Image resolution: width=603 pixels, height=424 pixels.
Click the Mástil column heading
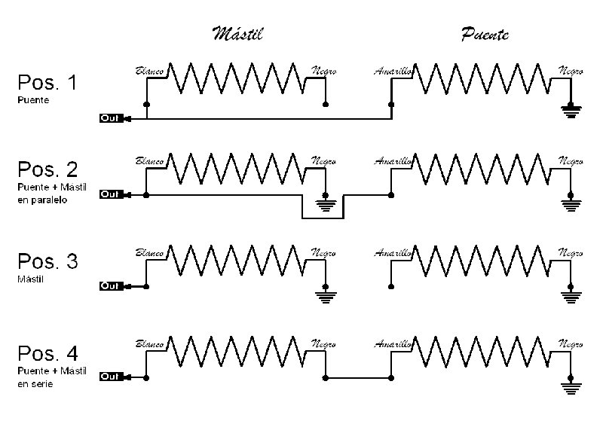click(x=238, y=35)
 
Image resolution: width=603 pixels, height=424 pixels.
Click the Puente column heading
click(x=484, y=35)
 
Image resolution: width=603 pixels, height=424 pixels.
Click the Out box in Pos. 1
click(x=110, y=118)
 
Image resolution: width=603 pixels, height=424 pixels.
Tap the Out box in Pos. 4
click(x=110, y=377)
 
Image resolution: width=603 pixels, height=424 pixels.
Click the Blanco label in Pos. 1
click(x=149, y=72)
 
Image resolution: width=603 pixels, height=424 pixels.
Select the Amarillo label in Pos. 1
click(x=393, y=72)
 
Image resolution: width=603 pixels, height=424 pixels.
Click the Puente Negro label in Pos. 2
click(x=570, y=161)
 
